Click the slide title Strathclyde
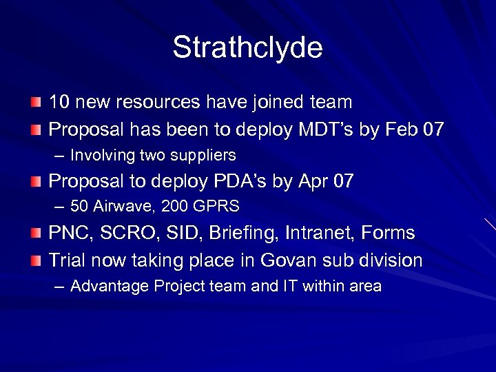(x=247, y=48)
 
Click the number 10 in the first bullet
(x=59, y=103)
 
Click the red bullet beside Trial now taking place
(x=36, y=260)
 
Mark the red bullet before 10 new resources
(x=36, y=103)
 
